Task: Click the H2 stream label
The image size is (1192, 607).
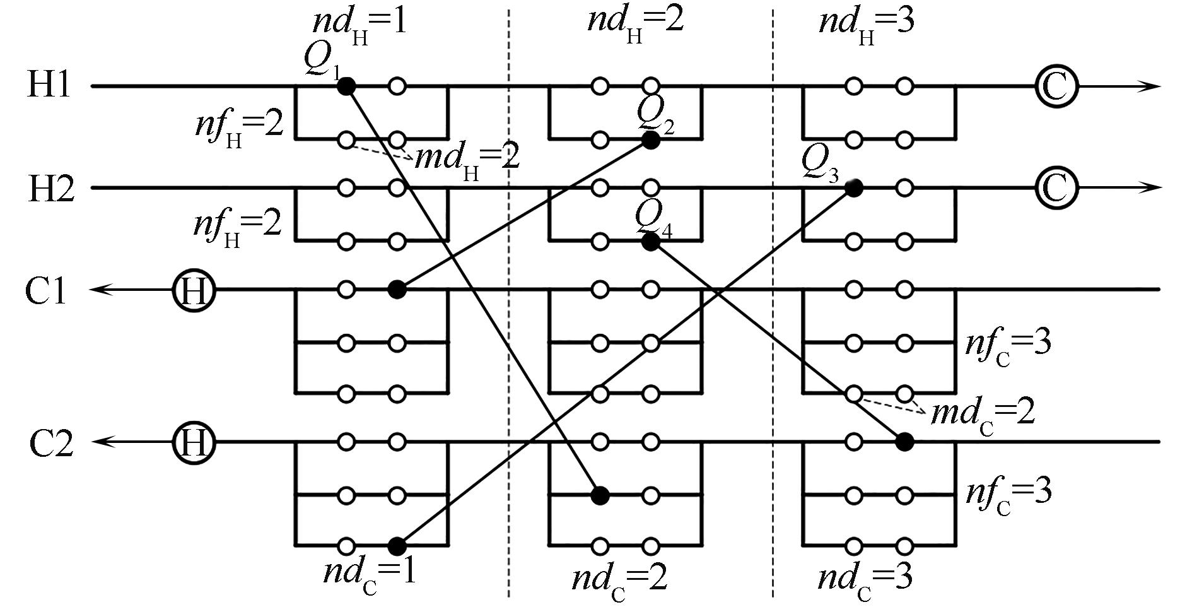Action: point(51,188)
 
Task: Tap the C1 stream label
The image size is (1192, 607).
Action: point(46,290)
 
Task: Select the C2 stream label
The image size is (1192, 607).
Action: point(51,443)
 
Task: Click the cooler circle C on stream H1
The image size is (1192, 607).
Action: point(1056,86)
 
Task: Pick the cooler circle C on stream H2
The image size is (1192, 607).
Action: point(1056,188)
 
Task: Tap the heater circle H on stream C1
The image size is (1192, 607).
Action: point(194,290)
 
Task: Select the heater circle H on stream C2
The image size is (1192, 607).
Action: point(194,443)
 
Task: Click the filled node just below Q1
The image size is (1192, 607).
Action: point(346,86)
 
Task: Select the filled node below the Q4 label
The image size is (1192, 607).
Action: point(650,242)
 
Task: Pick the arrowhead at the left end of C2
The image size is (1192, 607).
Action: point(101,442)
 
